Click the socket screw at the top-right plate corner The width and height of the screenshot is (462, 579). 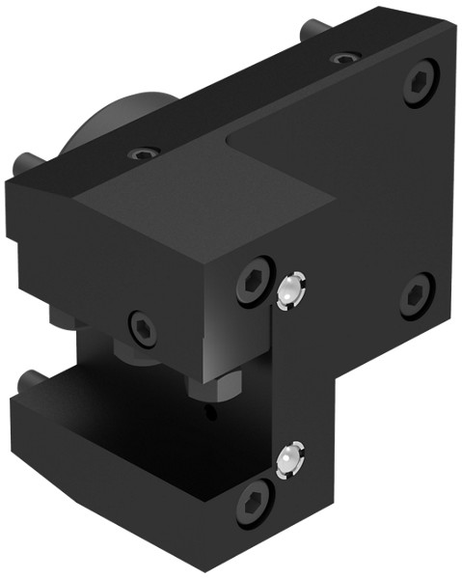(x=418, y=84)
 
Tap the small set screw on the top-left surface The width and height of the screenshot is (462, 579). (x=144, y=153)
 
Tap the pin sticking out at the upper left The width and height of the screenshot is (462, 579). (x=26, y=160)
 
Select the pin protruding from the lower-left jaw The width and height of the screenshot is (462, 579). (x=29, y=380)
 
